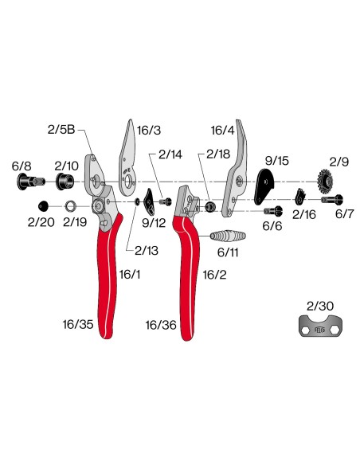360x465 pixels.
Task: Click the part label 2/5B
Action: tap(61, 130)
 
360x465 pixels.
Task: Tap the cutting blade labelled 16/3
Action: tap(127, 160)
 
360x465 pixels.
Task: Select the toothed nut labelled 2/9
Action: tap(325, 180)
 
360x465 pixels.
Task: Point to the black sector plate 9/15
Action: tap(264, 186)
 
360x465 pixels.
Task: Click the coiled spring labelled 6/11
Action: tap(228, 236)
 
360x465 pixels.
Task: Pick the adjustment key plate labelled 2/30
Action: tap(320, 326)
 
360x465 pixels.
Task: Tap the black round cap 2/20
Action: tap(44, 206)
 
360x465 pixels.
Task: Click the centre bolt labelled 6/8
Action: tap(31, 182)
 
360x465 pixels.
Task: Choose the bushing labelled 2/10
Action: tap(65, 182)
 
